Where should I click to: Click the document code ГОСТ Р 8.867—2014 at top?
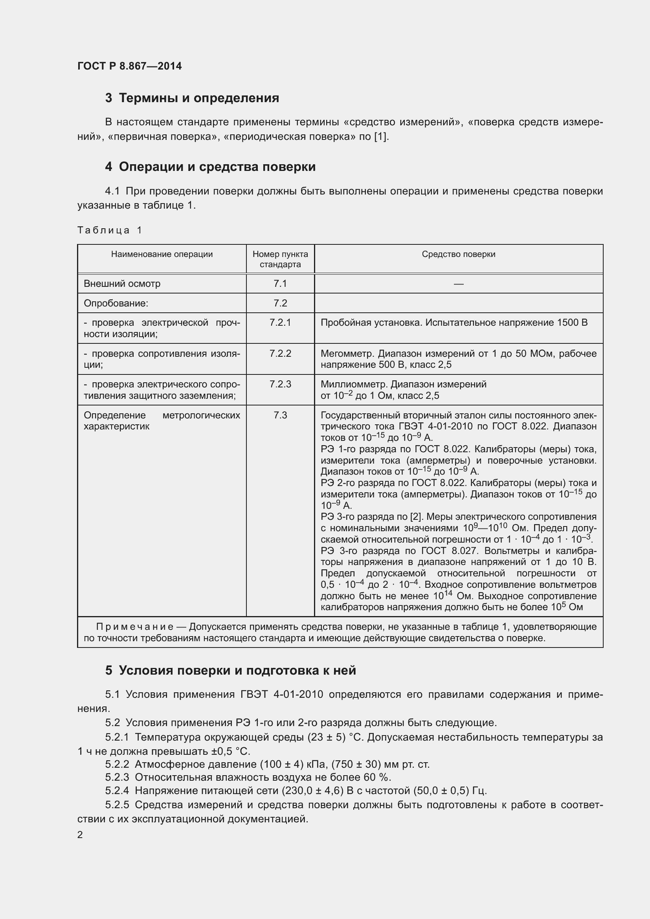point(129,66)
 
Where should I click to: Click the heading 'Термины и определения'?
point(198,98)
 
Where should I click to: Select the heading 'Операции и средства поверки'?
point(217,167)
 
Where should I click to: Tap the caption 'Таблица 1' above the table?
point(110,230)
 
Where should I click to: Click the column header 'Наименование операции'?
point(162,254)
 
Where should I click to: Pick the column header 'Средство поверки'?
point(458,254)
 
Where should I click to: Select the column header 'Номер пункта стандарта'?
point(280,259)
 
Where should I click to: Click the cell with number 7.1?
point(280,284)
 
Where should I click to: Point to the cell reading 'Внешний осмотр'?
point(122,284)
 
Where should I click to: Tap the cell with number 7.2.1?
point(280,323)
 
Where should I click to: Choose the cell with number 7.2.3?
point(280,384)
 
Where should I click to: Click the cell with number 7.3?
point(280,415)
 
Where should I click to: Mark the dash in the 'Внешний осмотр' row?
point(458,284)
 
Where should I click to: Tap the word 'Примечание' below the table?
point(134,627)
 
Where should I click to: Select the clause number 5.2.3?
point(117,777)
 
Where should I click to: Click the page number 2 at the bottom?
point(80,835)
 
